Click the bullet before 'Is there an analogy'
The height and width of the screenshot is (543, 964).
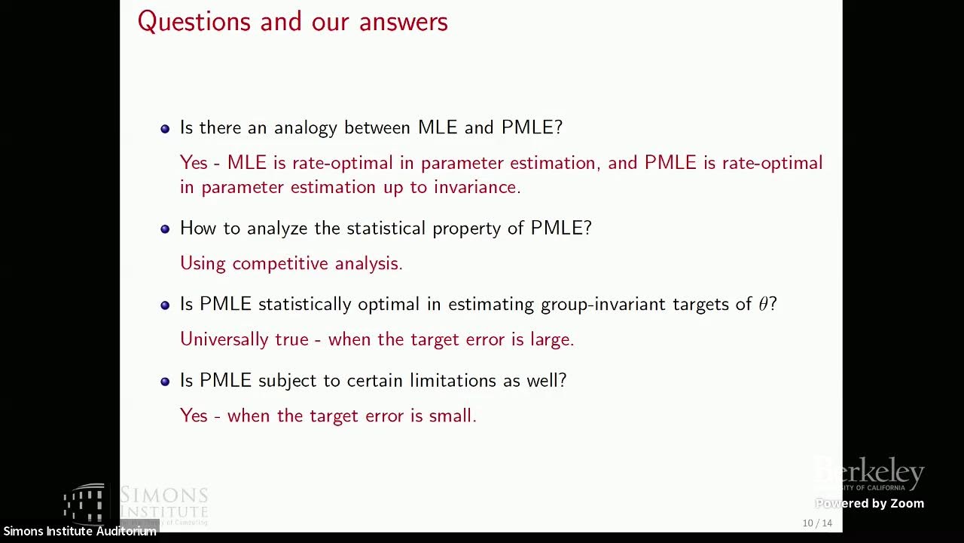click(x=165, y=129)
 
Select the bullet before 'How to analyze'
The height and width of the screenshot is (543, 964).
click(x=165, y=229)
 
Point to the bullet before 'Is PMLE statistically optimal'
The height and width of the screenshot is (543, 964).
click(x=165, y=305)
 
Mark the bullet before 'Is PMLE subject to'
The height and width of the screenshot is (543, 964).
click(x=165, y=382)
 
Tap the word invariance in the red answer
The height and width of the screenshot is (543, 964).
click(x=476, y=187)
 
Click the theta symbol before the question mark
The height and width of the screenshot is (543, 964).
click(x=763, y=304)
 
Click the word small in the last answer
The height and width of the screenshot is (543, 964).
click(x=452, y=416)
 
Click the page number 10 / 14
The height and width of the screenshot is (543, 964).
click(x=817, y=523)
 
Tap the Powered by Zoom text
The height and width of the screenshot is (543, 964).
click(x=869, y=504)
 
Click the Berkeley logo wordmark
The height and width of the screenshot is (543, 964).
click(x=870, y=474)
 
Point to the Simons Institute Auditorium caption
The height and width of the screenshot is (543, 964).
click(x=79, y=531)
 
